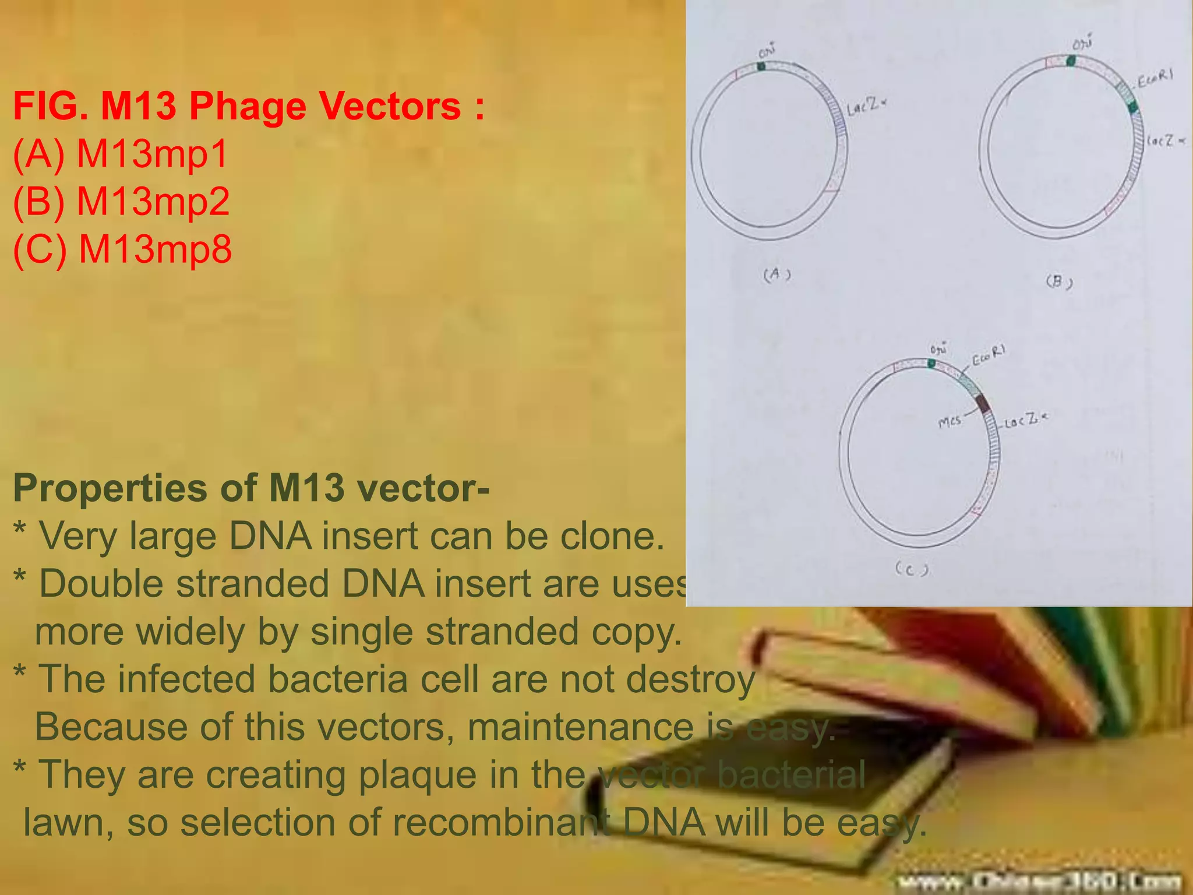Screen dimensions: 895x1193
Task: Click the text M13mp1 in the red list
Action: pos(152,154)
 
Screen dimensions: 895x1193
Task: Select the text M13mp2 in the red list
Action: pos(153,202)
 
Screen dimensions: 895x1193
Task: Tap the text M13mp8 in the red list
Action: pos(155,249)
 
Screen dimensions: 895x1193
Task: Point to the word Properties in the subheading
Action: pos(110,488)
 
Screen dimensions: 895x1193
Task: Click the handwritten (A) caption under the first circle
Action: pos(777,274)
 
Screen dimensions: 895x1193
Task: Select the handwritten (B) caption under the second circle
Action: pos(1059,282)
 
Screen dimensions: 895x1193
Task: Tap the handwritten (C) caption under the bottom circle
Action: pos(912,569)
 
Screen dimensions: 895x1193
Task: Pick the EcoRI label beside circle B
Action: pos(1155,79)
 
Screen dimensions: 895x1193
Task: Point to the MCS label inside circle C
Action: pos(950,421)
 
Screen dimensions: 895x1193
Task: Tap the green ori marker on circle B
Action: pos(1071,61)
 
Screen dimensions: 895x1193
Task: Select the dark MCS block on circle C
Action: pos(983,403)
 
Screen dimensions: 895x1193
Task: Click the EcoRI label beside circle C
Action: pos(989,355)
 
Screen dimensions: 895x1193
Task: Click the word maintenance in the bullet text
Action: pos(580,728)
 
